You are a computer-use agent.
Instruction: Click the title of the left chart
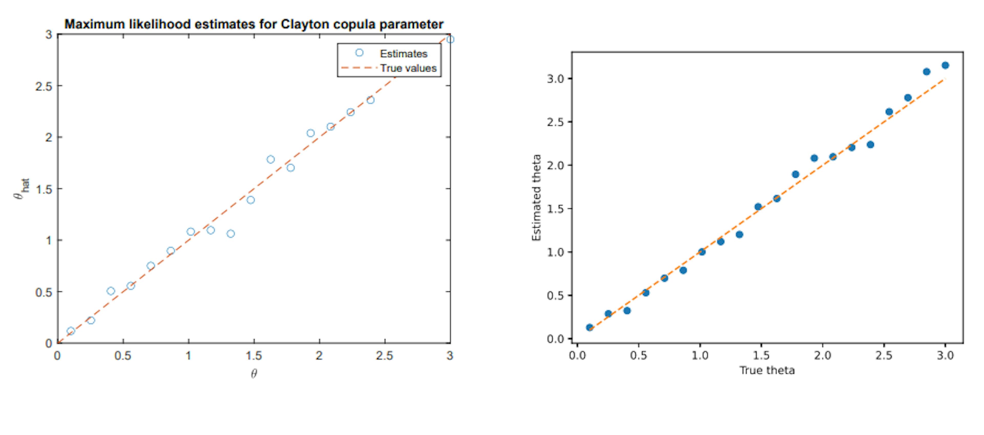point(254,24)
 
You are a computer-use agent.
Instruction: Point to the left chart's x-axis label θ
point(254,373)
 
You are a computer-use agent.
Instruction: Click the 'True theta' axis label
point(767,370)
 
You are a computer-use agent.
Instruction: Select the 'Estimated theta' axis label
point(536,197)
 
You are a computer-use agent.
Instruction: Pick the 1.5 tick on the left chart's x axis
point(254,356)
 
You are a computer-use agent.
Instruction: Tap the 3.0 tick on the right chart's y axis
point(556,79)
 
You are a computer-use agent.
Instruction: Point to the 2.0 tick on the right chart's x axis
point(822,356)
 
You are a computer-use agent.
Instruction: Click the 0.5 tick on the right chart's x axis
point(638,356)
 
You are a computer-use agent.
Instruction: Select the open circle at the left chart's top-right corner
point(450,39)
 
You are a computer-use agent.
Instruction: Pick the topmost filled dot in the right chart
point(945,65)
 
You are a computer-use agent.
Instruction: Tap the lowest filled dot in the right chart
point(589,327)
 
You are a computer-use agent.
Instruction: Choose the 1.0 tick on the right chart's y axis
point(556,252)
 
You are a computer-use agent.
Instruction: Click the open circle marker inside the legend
point(359,53)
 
